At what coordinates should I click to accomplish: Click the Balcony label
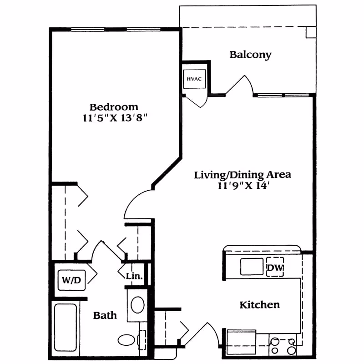click(250, 55)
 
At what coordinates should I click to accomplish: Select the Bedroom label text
click(114, 107)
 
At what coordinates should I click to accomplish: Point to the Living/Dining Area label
click(243, 175)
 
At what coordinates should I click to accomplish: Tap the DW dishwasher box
click(275, 268)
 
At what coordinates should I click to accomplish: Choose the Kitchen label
click(259, 305)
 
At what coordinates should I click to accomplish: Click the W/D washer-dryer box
click(71, 280)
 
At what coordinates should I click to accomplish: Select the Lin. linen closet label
click(135, 276)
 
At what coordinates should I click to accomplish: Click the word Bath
click(105, 315)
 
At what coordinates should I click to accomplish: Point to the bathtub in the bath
click(66, 329)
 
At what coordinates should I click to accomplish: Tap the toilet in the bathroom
click(127, 339)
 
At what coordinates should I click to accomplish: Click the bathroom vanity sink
click(137, 304)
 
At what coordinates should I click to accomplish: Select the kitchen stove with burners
click(283, 344)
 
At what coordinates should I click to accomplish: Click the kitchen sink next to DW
click(252, 267)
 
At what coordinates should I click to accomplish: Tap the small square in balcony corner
click(311, 32)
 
